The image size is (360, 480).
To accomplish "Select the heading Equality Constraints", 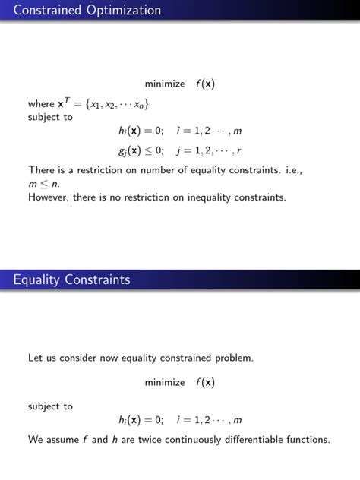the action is pyautogui.click(x=71, y=280).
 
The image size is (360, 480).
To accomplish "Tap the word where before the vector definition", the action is pyautogui.click(x=41, y=104).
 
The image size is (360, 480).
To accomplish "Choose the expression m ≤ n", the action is pyautogui.click(x=44, y=184).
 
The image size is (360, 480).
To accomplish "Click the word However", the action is pyautogui.click(x=50, y=197).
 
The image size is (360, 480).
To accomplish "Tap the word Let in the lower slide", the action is pyautogui.click(x=35, y=357).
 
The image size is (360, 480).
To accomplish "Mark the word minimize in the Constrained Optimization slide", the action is pyautogui.click(x=165, y=84).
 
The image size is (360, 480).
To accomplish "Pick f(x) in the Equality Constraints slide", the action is pyautogui.click(x=205, y=382).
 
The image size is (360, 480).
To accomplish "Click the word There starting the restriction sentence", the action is pyautogui.click(x=43, y=170).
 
